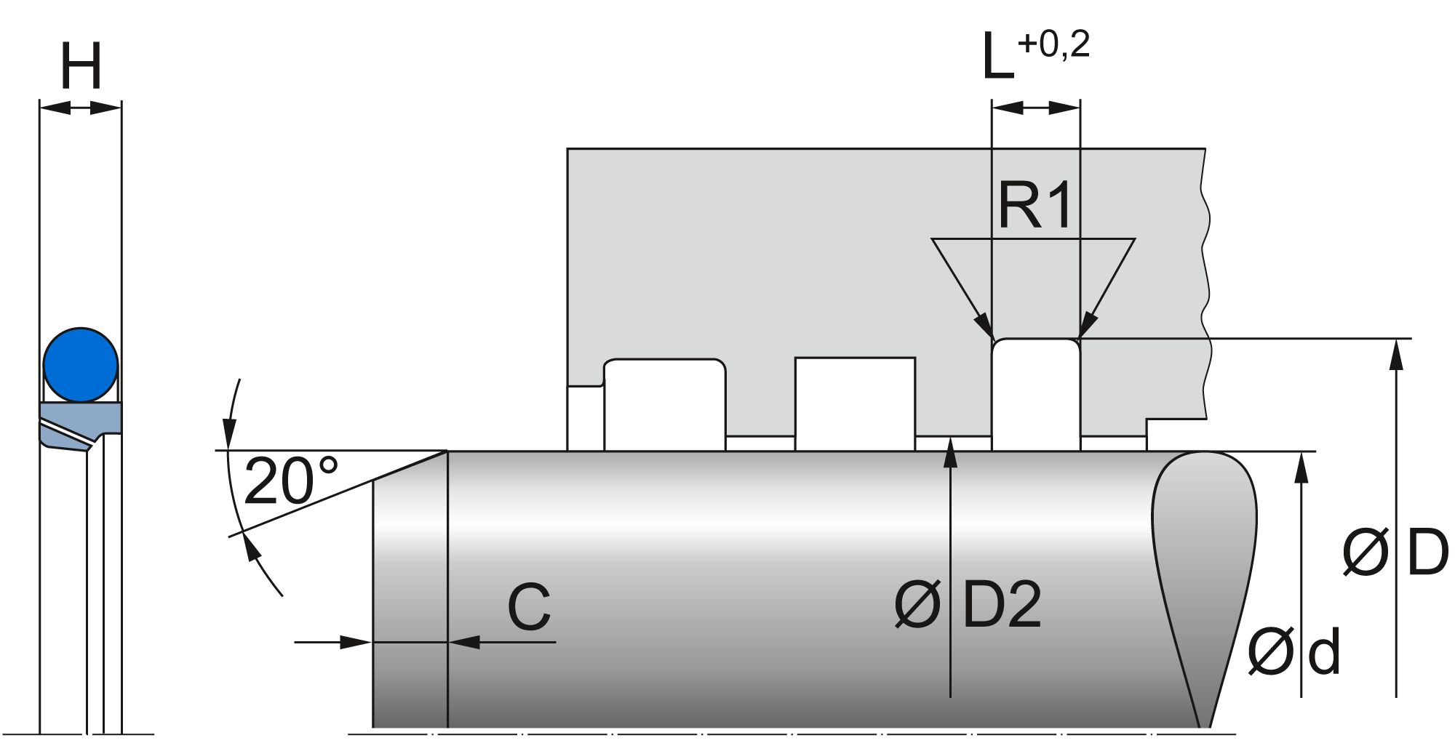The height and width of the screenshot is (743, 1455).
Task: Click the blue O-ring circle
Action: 80,365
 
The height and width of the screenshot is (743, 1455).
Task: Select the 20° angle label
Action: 291,481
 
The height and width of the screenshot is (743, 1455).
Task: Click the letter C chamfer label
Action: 529,608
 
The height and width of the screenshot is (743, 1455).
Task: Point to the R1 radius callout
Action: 1035,206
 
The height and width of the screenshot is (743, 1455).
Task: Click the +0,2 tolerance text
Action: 1053,45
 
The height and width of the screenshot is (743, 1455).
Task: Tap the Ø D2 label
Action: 968,605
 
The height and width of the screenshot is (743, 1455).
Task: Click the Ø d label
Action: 1293,652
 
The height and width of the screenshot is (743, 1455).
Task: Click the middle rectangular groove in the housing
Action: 854,403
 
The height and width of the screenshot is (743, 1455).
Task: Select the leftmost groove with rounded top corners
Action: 664,405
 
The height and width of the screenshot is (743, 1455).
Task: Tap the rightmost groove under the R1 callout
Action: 1035,395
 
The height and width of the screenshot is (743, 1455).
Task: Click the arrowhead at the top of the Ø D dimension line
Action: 1395,353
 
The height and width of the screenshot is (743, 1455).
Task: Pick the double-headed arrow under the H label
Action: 80,108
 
